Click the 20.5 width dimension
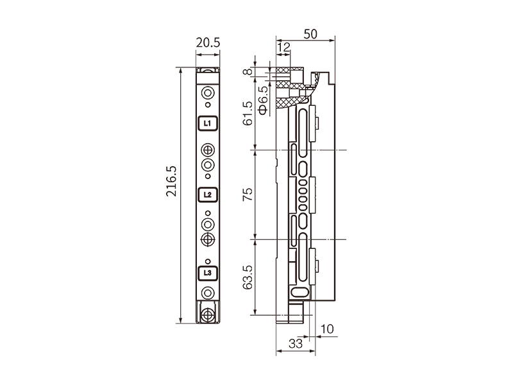pos(208,42)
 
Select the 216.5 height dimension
pos(171,181)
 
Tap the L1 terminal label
pos(207,123)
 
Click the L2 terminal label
pos(207,195)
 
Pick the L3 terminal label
pos(207,273)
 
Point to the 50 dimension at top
pos(310,34)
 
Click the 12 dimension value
pos(283,47)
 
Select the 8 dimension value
pos(249,71)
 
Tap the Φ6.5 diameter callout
pos(263,100)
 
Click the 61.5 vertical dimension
pos(248,113)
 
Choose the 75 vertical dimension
pos(248,194)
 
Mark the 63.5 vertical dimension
pos(248,277)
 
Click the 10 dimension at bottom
pos(327,329)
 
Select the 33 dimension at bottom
pos(296,344)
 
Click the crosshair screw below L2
pos(208,239)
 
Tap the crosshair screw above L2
pos(208,150)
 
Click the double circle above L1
pos(208,93)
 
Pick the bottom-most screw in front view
pos(207,315)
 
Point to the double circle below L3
pos(208,293)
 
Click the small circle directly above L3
pos(208,261)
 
